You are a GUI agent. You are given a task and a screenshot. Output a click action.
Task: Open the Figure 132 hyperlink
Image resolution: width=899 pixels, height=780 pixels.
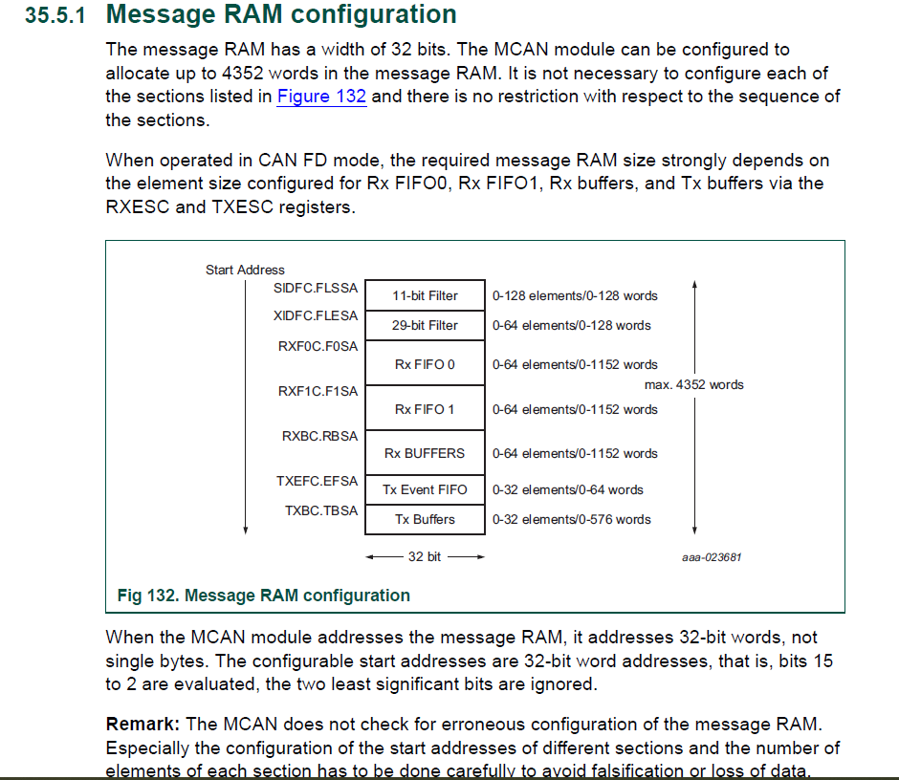click(321, 97)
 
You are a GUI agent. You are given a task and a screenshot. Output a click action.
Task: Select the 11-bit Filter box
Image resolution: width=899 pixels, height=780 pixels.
click(425, 296)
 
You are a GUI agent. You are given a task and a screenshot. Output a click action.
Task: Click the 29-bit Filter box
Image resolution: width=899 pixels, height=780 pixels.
click(425, 325)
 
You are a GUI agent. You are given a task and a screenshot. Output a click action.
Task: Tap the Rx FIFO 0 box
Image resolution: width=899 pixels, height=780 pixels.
click(425, 364)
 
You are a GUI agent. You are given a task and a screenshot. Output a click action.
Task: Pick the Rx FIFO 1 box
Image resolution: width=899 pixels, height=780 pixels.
click(425, 409)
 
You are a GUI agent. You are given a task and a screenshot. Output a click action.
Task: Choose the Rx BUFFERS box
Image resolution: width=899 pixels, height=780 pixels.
click(425, 453)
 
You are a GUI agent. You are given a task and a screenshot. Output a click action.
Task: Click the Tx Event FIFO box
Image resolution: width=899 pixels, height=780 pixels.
click(425, 489)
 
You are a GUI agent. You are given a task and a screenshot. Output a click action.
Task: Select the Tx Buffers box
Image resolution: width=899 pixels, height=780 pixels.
click(425, 519)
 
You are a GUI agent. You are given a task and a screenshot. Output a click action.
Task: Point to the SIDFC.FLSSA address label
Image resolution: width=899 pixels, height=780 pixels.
click(316, 288)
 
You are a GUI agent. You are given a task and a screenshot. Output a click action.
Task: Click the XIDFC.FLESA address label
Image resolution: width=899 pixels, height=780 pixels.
click(316, 315)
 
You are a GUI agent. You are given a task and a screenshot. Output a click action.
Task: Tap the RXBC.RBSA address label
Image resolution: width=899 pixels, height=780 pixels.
click(319, 436)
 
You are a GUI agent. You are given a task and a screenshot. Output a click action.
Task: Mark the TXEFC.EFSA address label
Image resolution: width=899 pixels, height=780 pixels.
click(317, 481)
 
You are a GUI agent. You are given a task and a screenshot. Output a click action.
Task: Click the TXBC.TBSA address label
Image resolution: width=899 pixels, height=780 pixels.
click(321, 510)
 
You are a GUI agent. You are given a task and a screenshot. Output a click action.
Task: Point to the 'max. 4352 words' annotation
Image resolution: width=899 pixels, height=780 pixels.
click(694, 384)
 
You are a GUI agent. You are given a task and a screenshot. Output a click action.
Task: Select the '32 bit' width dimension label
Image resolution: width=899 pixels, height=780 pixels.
click(425, 556)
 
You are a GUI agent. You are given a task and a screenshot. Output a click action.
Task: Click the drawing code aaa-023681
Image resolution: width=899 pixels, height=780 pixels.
click(712, 557)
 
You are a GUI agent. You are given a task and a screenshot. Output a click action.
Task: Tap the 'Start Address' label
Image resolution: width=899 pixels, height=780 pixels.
click(245, 270)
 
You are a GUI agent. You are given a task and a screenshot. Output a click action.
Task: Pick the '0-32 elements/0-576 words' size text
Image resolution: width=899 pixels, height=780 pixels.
click(571, 519)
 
